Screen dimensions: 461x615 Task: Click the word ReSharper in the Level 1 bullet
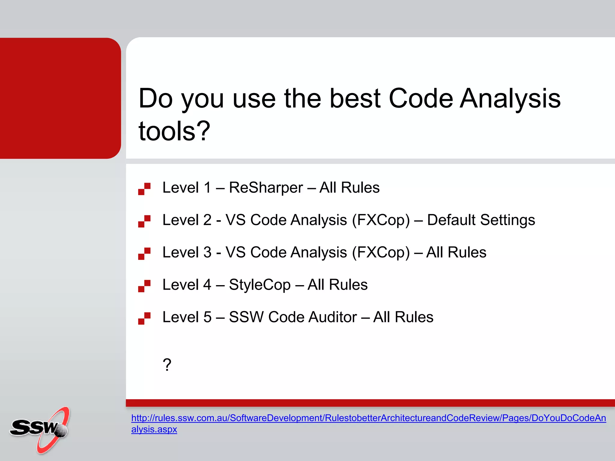(x=266, y=188)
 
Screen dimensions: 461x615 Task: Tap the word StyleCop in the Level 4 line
(x=260, y=285)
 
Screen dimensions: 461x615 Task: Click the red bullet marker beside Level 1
(x=144, y=189)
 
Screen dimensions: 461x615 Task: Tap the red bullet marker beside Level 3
(x=144, y=254)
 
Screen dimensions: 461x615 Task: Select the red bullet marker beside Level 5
(x=144, y=318)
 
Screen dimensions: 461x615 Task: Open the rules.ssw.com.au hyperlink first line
(x=368, y=418)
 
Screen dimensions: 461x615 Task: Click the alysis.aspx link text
(x=154, y=429)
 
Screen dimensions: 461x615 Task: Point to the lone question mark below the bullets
(x=167, y=365)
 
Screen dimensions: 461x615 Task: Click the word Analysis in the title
(x=510, y=99)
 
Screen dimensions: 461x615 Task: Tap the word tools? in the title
(x=174, y=131)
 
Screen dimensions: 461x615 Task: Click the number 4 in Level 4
(x=207, y=285)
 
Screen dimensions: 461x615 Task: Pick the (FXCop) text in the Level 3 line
(x=380, y=253)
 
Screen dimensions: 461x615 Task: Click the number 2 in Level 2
(x=207, y=220)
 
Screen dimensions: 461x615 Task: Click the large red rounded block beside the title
(x=60, y=98)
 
